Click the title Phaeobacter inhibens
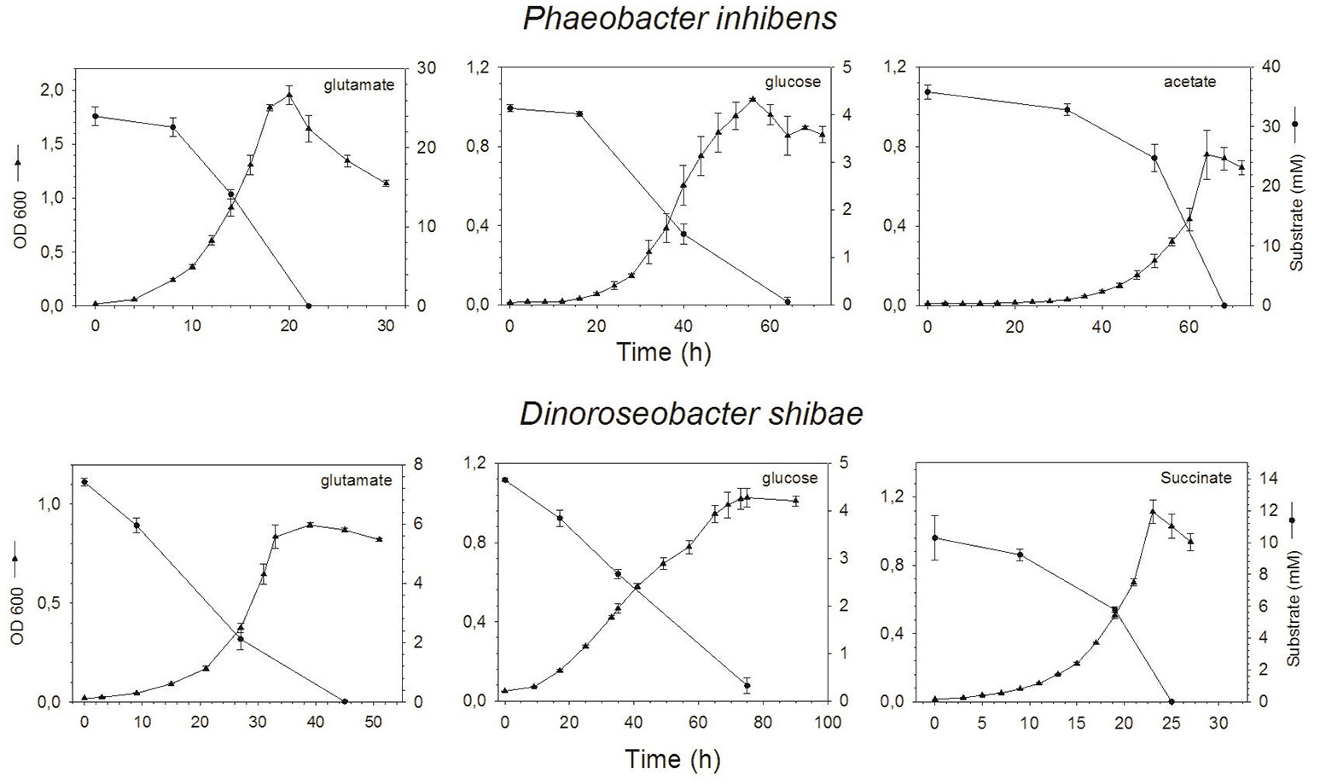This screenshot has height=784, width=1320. [x=679, y=19]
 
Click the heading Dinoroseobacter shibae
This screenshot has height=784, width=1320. [x=691, y=414]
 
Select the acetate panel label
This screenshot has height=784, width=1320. [x=1189, y=82]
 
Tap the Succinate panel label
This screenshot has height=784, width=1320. [x=1195, y=478]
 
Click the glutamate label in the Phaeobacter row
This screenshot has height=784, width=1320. [x=358, y=84]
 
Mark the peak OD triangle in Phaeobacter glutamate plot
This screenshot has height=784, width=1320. [x=289, y=96]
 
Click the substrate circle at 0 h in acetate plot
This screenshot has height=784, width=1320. [x=927, y=92]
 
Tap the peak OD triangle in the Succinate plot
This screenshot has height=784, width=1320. [x=1153, y=512]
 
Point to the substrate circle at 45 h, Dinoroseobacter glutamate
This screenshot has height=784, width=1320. [x=345, y=701]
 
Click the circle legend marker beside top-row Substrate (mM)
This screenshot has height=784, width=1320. [x=1294, y=125]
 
